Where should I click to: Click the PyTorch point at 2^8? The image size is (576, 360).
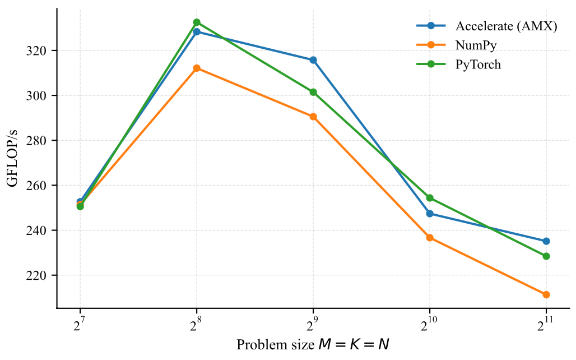coord(197,22)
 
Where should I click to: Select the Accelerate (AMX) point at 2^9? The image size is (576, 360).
coord(313,60)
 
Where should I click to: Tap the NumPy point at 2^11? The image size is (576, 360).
coord(546,294)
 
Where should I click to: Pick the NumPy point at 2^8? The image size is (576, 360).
coord(197,68)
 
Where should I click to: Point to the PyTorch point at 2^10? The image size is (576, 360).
coord(430,198)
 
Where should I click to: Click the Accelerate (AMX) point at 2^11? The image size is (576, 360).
coord(546,241)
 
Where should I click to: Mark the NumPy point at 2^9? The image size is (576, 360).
coord(313,117)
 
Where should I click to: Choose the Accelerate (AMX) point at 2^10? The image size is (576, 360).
coord(430,214)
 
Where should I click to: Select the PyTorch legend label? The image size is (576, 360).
coord(478,64)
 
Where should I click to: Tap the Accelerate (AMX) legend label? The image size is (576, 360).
coord(506,26)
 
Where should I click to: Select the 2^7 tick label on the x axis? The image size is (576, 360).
coord(80,324)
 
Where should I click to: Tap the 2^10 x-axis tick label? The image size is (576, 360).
coord(430,324)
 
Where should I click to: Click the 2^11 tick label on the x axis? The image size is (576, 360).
coord(546,324)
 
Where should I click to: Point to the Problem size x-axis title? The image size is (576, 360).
coord(313,344)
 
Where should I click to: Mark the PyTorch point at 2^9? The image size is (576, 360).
coord(313,92)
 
